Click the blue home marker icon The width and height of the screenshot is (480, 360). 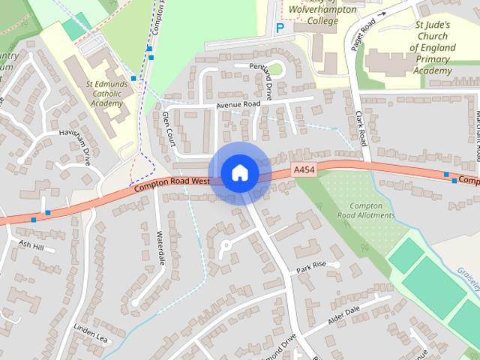pyautogui.click(x=239, y=173)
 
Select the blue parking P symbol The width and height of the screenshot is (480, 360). pyautogui.click(x=280, y=28)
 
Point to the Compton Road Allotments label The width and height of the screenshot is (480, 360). pyautogui.click(x=366, y=210)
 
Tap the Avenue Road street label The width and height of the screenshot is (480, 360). pyautogui.click(x=238, y=104)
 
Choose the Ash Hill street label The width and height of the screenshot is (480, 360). pyautogui.click(x=31, y=244)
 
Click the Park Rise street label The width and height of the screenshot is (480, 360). pyautogui.click(x=311, y=266)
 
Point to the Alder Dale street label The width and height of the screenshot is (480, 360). pyautogui.click(x=345, y=316)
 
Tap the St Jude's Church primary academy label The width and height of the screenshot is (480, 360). pyautogui.click(x=432, y=47)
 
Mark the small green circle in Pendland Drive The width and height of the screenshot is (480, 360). pyautogui.click(x=276, y=70)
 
